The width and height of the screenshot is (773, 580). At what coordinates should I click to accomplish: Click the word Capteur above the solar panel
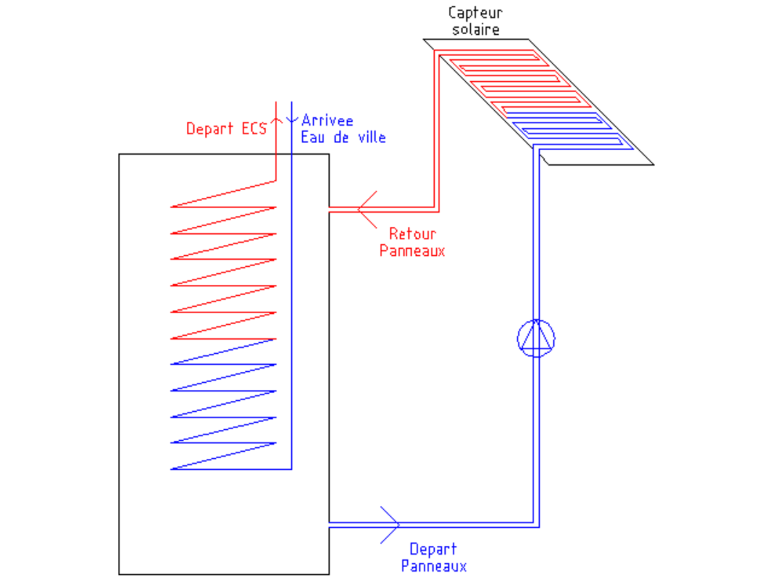pos(475,14)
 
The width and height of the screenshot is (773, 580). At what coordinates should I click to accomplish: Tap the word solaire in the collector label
pos(476,29)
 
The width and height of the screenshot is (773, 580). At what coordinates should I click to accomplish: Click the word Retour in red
pos(413,234)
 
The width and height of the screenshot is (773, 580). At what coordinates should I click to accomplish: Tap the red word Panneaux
pos(412,251)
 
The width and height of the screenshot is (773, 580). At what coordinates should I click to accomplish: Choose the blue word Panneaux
pos(434,566)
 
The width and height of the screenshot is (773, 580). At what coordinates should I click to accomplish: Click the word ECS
pos(254,128)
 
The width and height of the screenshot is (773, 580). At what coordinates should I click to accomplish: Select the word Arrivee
pos(327,121)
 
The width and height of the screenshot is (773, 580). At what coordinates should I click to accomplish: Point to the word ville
pos(372,137)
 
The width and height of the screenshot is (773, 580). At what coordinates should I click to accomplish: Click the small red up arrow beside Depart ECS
pos(276,120)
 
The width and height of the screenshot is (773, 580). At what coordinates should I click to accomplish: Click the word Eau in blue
pos(312,137)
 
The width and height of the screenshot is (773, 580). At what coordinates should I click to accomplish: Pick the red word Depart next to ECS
pos(209,129)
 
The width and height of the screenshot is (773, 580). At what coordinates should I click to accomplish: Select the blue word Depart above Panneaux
pos(433,549)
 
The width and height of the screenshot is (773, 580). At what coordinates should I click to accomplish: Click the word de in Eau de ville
pos(341,137)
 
